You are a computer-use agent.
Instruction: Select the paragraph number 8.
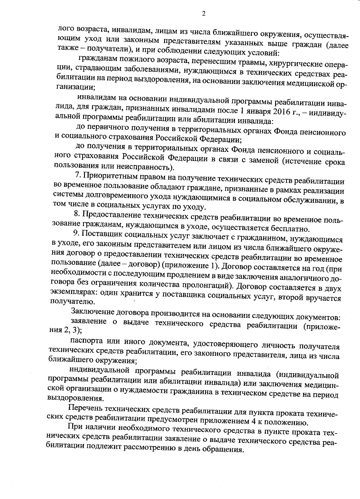[76, 215]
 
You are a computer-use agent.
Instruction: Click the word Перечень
[83, 409]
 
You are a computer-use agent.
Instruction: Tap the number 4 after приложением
[253, 422]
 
